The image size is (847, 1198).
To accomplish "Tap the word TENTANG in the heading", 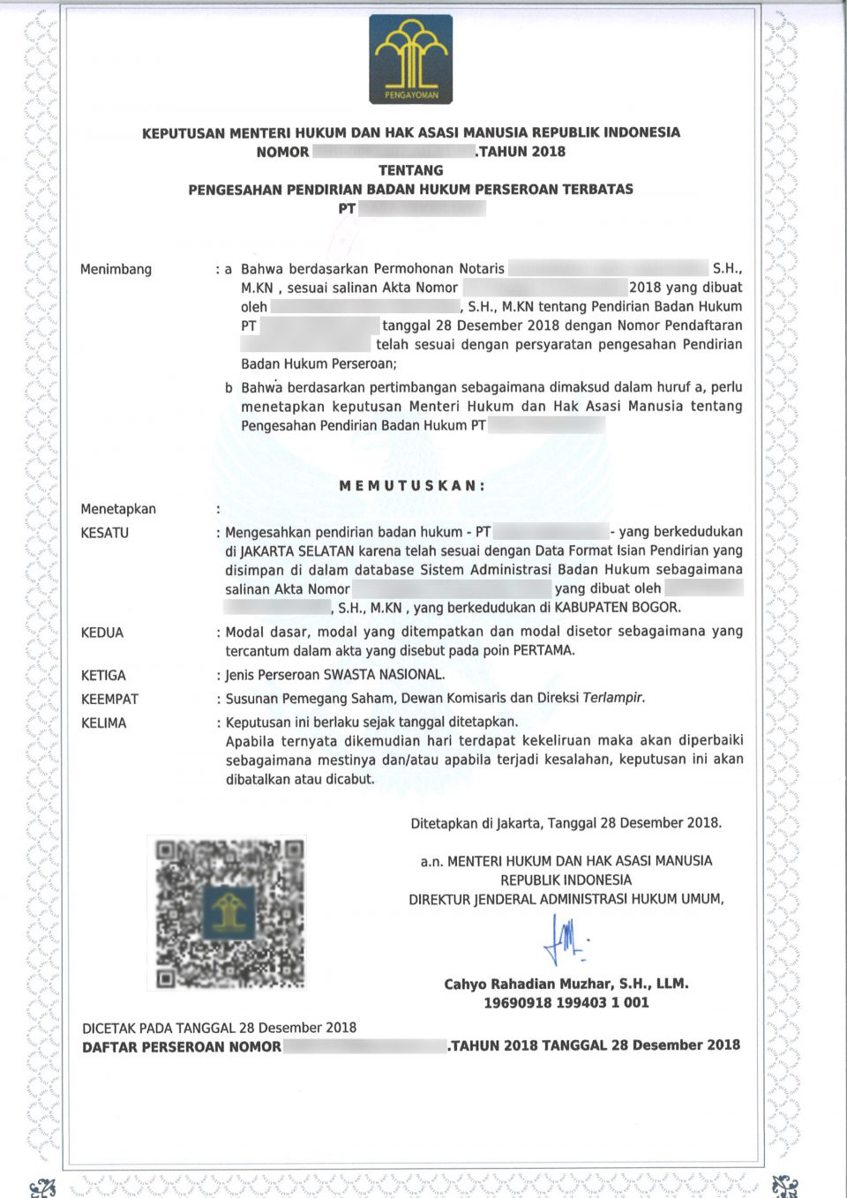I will tap(410, 170).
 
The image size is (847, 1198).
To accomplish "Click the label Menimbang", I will tap(116, 269).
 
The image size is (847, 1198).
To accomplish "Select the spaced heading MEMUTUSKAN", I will tap(412, 485).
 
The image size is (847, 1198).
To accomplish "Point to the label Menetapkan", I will tap(118, 509).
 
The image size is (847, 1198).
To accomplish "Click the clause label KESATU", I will tap(104, 533).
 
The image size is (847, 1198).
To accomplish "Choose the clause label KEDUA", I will tap(102, 633).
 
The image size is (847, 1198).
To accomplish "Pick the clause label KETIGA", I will tap(103, 675).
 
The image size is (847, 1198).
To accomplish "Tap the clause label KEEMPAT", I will tap(109, 699).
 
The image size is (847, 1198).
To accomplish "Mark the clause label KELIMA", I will tap(103, 723).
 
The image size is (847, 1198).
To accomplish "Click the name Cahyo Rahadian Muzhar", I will tap(529, 984).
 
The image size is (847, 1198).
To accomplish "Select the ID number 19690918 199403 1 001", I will tap(566, 1003).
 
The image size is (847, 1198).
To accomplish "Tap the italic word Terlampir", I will tap(613, 698).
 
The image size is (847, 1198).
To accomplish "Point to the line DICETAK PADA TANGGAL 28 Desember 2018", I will tap(219, 1028).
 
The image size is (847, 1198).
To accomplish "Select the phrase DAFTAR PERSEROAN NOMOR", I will tap(182, 1047).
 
